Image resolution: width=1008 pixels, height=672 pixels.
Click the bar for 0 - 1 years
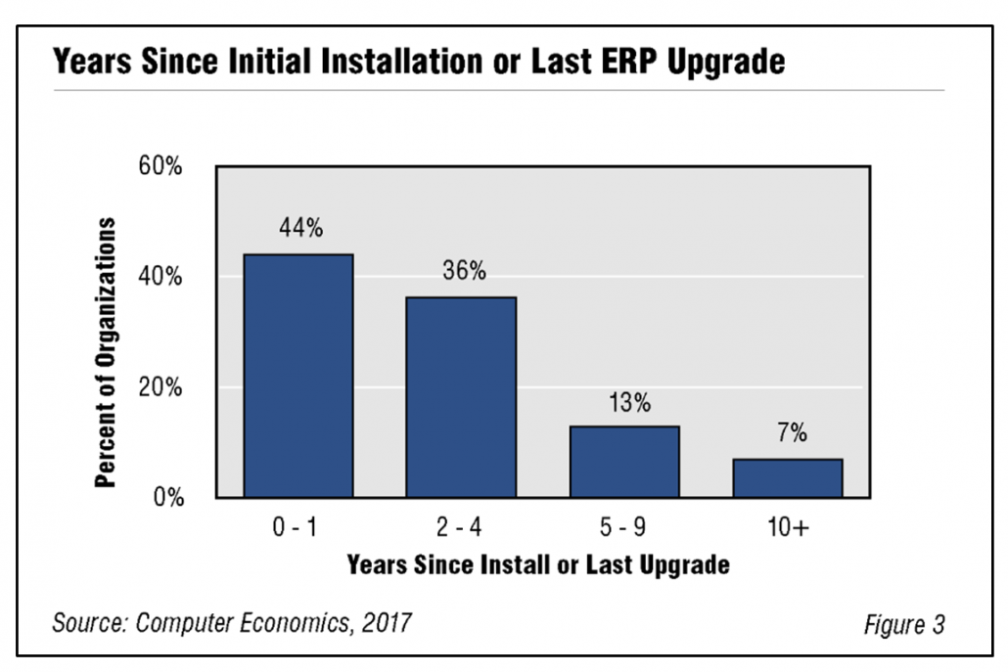pyautogui.click(x=298, y=376)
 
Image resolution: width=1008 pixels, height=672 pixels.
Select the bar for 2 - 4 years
pyautogui.click(x=461, y=397)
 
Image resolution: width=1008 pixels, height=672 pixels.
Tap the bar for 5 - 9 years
pyautogui.click(x=624, y=462)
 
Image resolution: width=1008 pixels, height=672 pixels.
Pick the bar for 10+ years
pyautogui.click(x=788, y=478)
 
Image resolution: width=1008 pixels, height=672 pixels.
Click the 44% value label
pyautogui.click(x=299, y=229)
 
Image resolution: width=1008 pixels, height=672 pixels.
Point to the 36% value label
pyautogui.click(x=463, y=271)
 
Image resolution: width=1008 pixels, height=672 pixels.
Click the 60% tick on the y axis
pyautogui.click(x=160, y=166)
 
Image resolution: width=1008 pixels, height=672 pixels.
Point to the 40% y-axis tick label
pyautogui.click(x=160, y=277)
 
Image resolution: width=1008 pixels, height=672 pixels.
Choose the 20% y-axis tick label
pyautogui.click(x=160, y=387)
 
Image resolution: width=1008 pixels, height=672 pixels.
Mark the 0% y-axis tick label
pyautogui.click(x=166, y=498)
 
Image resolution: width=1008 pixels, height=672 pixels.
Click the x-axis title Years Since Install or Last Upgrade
pyautogui.click(x=538, y=565)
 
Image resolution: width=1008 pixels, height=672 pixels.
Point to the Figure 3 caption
pyautogui.click(x=904, y=625)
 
